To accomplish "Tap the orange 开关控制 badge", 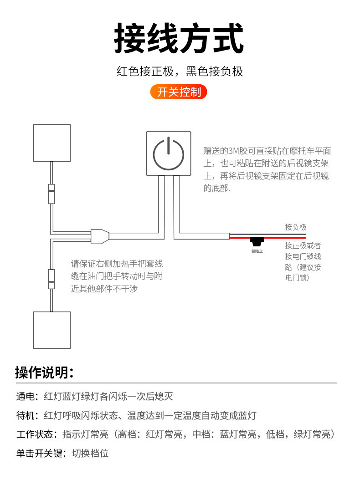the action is coord(179,92).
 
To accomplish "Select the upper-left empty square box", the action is coord(52,143).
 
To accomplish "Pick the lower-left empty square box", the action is coord(52,330).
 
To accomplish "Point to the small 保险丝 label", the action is coord(257,251).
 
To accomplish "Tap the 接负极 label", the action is coord(296,227).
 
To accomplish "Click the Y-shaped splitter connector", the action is coord(100,236).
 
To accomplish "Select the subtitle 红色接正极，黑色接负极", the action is coord(179,71).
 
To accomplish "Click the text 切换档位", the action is coord(90,453).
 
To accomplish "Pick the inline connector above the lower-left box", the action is coord(52,279).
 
